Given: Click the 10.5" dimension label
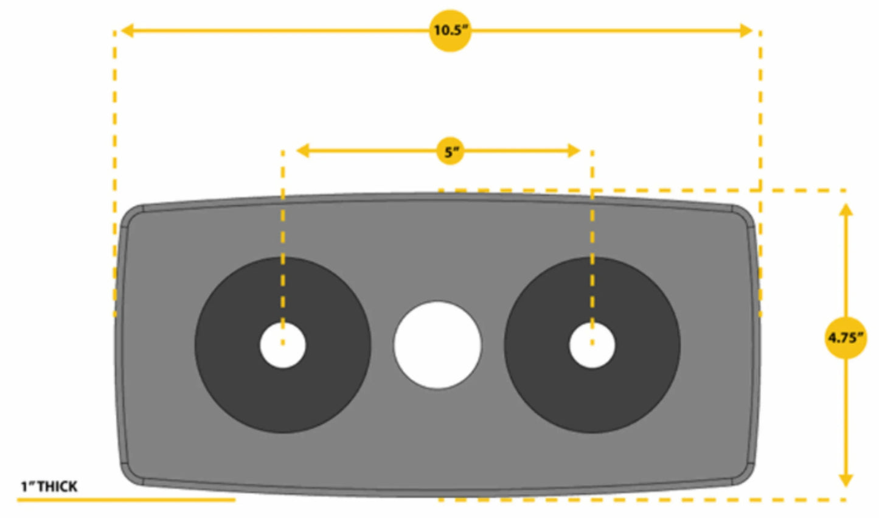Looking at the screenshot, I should click(x=450, y=30).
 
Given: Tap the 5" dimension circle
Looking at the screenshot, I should click(x=450, y=151).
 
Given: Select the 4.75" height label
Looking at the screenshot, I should click(x=846, y=337).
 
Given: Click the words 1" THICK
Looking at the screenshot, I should click(x=49, y=486).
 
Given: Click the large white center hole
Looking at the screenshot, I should click(x=437, y=345).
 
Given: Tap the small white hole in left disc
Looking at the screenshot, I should click(x=283, y=345).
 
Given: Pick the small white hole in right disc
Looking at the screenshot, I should click(x=592, y=345).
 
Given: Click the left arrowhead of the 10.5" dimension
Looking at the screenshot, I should click(x=127, y=30).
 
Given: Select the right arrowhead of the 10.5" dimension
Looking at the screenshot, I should click(x=746, y=30).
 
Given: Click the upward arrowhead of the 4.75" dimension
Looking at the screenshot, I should click(x=846, y=209).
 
